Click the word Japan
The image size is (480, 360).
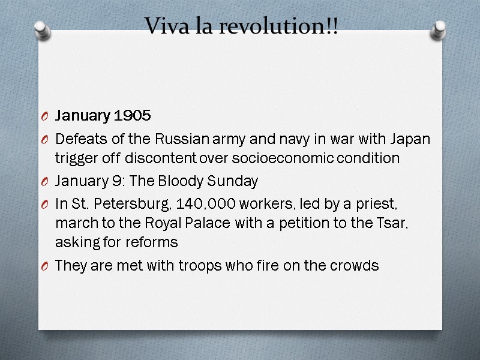(411, 139)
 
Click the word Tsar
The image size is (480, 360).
(415, 224)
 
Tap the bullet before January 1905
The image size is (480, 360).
(46, 116)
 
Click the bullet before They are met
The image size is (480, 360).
(46, 266)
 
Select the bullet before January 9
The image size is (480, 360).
(46, 181)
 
